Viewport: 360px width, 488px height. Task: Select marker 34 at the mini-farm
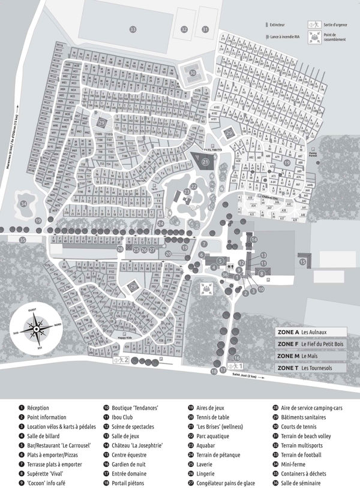(x=23, y=204)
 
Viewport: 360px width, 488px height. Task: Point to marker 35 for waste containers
(x=23, y=240)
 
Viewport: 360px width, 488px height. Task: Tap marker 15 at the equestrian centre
(x=303, y=261)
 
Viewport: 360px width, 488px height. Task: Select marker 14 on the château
(x=254, y=240)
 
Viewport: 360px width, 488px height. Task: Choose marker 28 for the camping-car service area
(x=120, y=249)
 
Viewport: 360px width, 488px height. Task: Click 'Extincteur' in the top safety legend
(x=278, y=26)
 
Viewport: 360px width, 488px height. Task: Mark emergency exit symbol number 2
(x=118, y=360)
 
